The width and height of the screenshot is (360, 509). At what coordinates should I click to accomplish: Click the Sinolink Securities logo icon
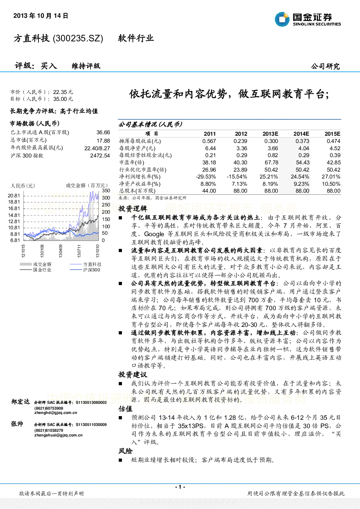[x=282, y=19]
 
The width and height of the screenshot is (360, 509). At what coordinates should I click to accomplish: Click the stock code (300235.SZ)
[x=78, y=38]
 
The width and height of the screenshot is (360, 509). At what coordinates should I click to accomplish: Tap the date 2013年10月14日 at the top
[x=41, y=16]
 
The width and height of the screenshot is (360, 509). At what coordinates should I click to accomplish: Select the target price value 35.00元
[x=63, y=99]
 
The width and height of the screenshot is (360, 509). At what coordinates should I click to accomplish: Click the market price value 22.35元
[x=63, y=92]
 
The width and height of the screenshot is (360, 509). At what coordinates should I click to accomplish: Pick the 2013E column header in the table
[x=270, y=134]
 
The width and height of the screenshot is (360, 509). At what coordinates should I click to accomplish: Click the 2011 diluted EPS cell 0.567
[x=209, y=141]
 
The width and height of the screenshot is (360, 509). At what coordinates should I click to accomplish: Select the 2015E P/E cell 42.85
[x=334, y=163]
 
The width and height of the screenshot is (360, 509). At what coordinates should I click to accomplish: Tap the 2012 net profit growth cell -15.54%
[x=237, y=177]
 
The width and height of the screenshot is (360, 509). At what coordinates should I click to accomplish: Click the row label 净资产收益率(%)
[x=140, y=184]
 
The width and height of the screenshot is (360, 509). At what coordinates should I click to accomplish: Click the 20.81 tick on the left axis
[x=14, y=196]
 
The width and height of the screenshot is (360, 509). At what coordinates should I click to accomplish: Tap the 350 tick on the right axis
[x=106, y=190]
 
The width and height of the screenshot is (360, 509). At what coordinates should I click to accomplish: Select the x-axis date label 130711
[x=79, y=251]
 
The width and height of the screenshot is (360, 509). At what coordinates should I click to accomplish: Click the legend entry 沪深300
[x=91, y=270]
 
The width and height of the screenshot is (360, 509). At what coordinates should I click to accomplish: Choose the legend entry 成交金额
[x=42, y=264]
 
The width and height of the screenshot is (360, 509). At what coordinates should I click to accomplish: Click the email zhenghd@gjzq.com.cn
[x=56, y=412]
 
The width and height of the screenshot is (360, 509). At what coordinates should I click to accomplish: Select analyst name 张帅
[x=17, y=424]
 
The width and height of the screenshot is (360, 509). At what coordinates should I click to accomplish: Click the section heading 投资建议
[x=133, y=374]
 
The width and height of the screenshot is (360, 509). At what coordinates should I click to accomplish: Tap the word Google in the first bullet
[x=154, y=234]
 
